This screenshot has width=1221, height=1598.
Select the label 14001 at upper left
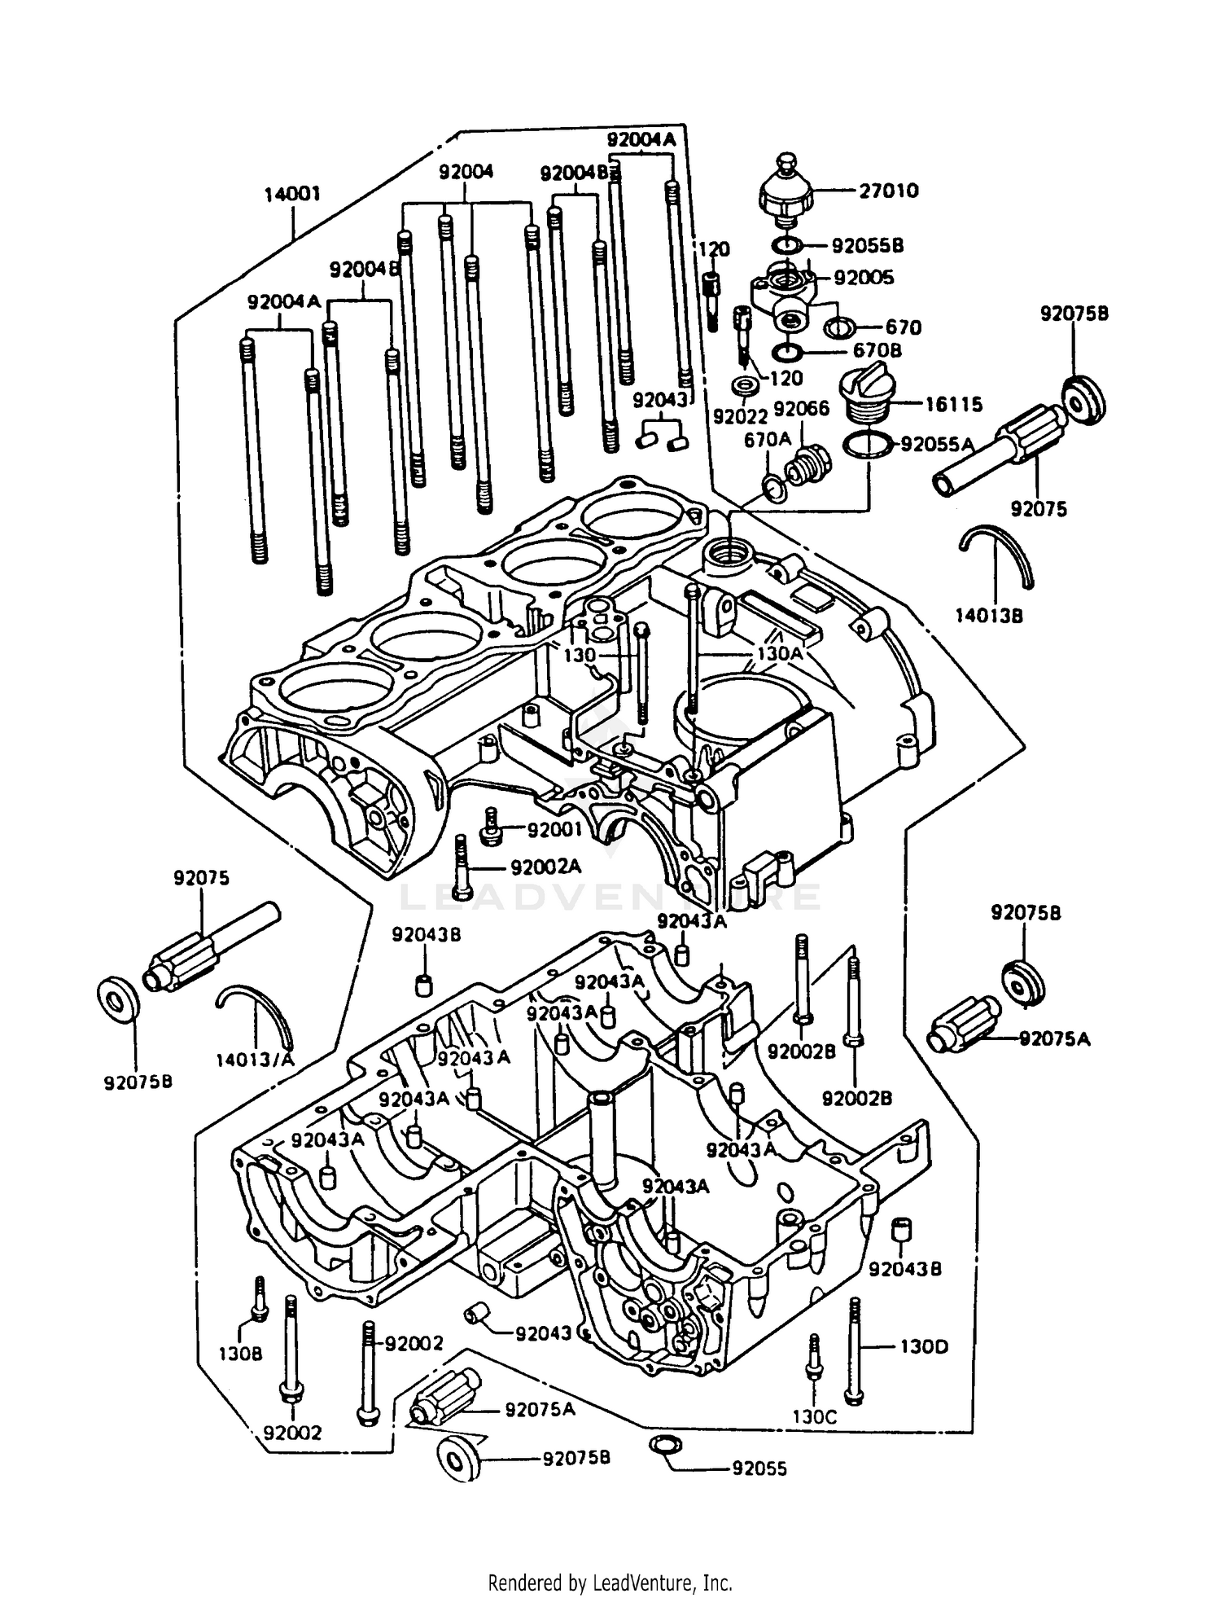pos(292,194)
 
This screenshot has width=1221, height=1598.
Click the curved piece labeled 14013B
pos(998,554)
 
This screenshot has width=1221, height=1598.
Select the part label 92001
pos(554,830)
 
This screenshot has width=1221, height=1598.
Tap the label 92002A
pos(545,867)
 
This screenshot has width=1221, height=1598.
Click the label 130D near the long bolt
pos(923,1346)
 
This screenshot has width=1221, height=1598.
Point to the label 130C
pos(814,1416)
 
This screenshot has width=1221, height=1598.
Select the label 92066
pos(801,408)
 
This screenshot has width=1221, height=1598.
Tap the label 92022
pos(740,416)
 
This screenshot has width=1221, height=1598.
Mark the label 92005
pos(863,278)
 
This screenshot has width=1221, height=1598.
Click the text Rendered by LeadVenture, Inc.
pos(610,1583)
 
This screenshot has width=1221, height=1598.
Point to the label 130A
pos(779,653)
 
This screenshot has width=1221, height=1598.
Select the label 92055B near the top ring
pos(867,245)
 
